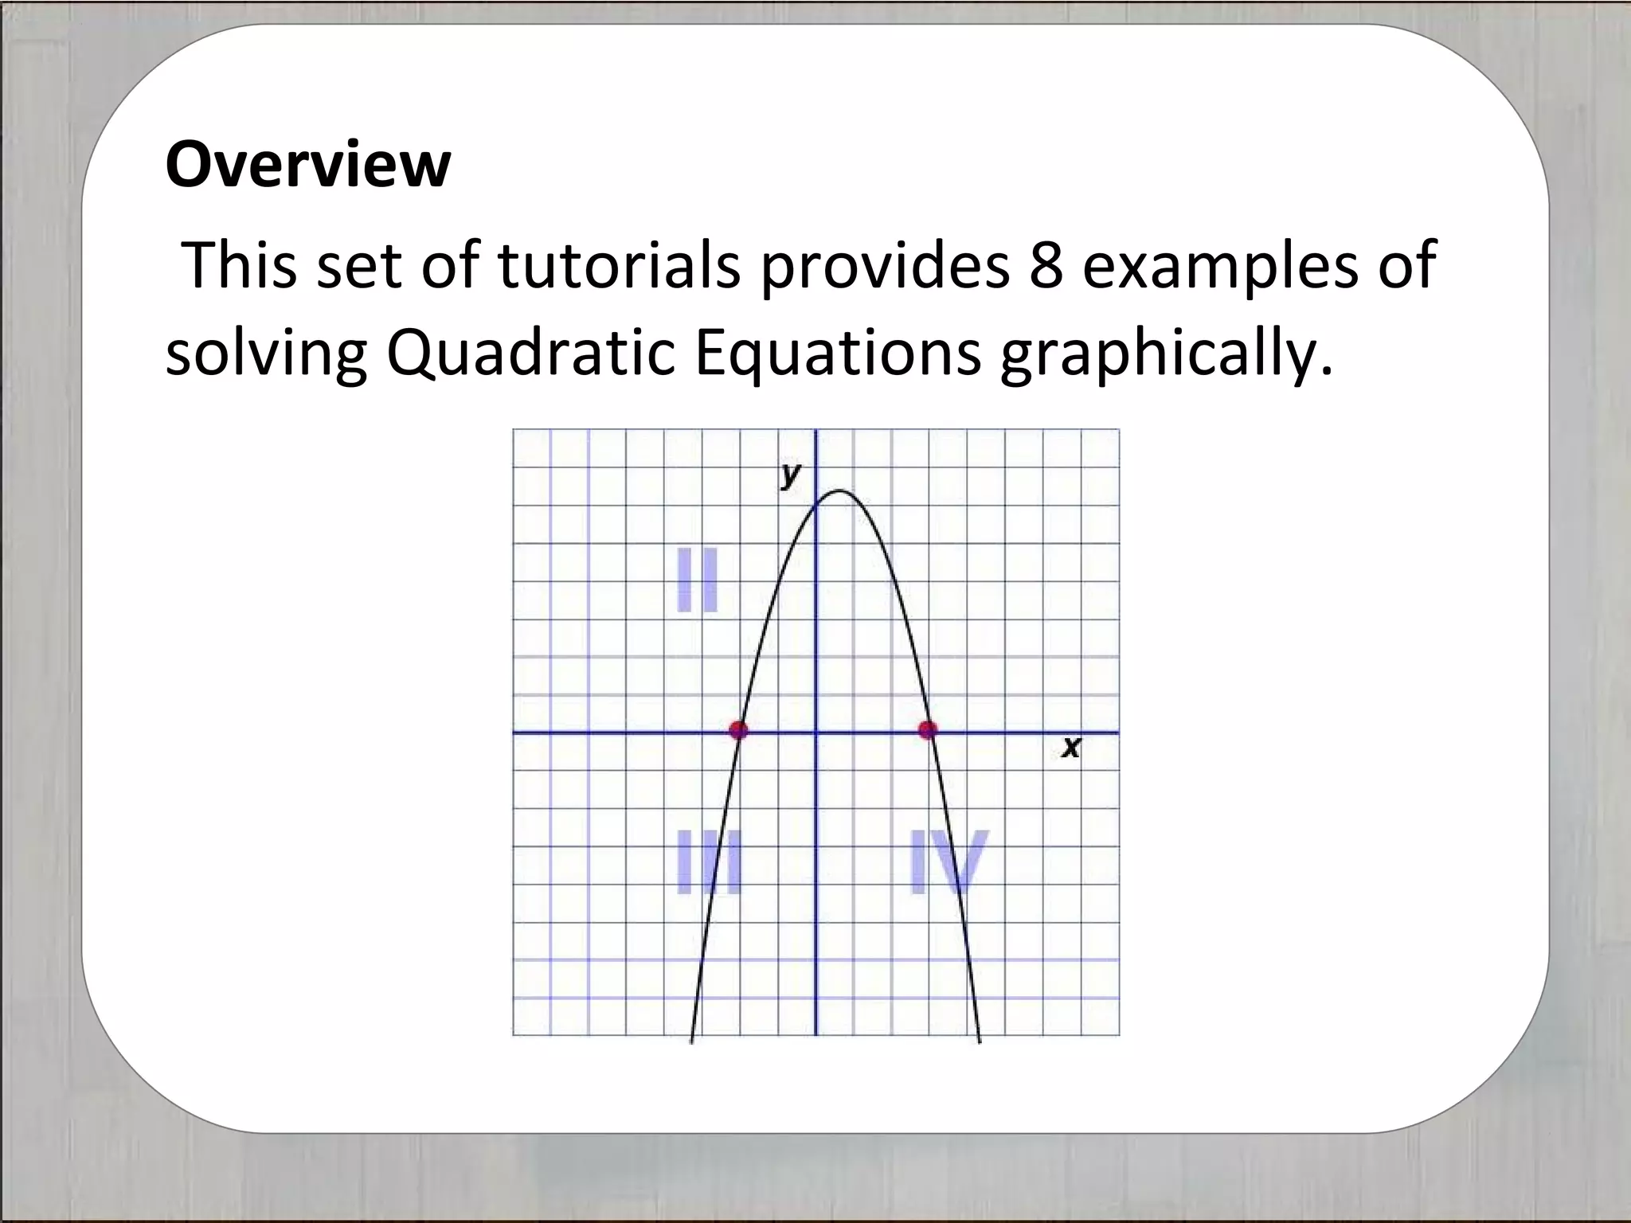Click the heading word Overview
point(307,165)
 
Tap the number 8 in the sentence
point(1046,264)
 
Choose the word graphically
point(1165,354)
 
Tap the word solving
point(266,354)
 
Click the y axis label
point(790,475)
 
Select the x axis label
point(1072,748)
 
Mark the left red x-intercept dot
point(739,729)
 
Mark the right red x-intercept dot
point(928,729)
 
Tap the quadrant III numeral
point(709,862)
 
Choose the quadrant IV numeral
point(948,862)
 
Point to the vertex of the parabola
point(839,490)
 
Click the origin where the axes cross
point(815,732)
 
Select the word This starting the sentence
point(240,264)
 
